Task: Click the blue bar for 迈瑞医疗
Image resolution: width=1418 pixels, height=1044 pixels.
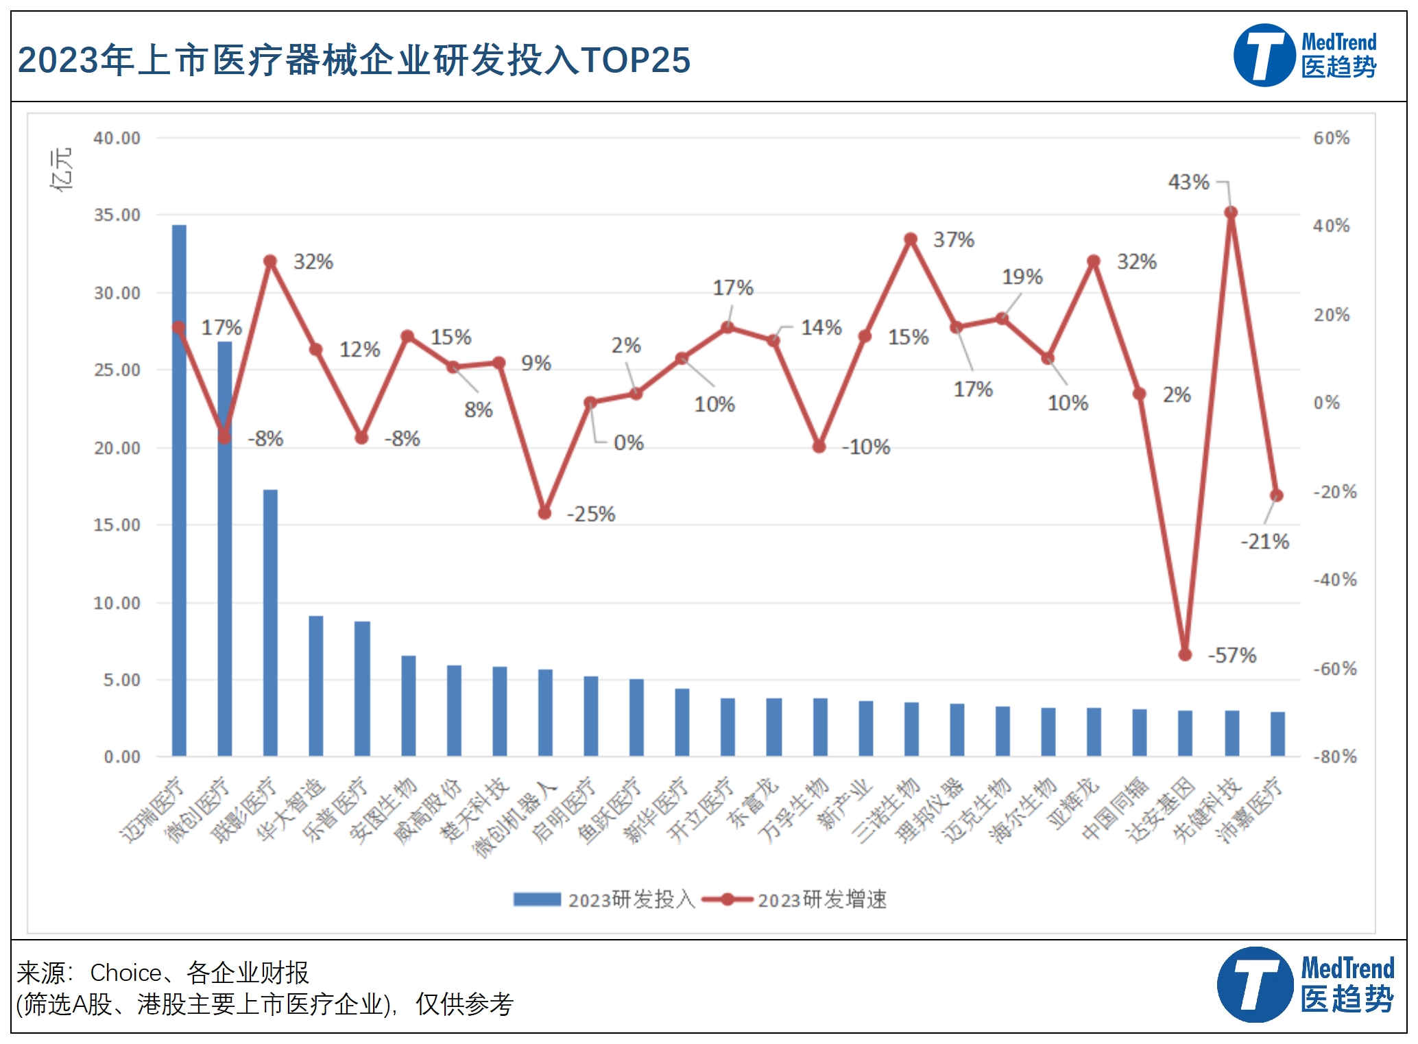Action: point(179,490)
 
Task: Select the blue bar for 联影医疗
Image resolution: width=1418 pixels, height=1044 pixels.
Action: point(270,623)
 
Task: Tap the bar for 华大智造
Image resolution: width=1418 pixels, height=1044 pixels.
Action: point(315,686)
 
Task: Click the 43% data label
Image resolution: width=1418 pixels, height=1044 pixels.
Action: point(1188,182)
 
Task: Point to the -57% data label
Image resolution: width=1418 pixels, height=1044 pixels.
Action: point(1231,655)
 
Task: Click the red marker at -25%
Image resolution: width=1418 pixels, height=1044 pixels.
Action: point(544,512)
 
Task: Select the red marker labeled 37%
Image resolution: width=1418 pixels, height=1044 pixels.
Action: point(911,239)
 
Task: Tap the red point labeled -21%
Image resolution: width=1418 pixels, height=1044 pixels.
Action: point(1276,495)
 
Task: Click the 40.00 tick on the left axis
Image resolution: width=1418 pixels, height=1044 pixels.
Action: point(117,138)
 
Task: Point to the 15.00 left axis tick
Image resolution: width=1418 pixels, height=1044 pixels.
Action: point(117,525)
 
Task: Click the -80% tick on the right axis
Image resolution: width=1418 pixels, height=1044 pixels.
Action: point(1334,757)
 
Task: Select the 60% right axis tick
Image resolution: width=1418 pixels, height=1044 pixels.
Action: point(1331,138)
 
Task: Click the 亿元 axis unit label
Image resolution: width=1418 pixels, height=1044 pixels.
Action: point(62,169)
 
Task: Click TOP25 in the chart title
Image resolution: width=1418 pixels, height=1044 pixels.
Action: point(635,60)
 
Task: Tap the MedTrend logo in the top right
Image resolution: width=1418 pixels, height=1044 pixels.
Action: point(1305,56)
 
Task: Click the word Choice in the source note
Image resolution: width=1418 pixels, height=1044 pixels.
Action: point(125,973)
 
